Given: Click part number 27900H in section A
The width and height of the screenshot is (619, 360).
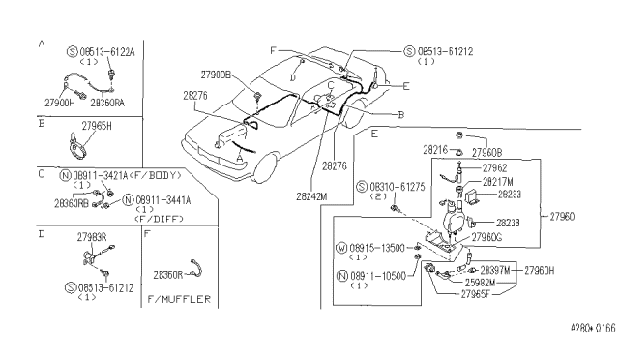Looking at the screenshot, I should coord(59,101).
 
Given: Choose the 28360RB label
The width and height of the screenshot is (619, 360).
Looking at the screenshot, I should coord(73,204).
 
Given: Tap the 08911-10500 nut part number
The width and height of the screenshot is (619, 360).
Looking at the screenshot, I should coord(375,275).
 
